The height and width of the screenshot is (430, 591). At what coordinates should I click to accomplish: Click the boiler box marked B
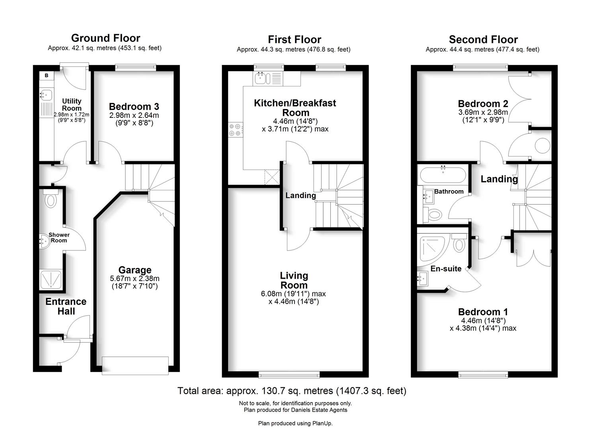coord(47,75)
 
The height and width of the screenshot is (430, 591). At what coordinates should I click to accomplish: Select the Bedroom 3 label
coord(134,107)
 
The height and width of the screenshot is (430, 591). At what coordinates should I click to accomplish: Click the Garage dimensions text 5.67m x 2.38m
coord(135,279)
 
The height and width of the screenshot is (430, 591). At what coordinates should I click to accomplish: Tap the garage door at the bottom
coord(135,365)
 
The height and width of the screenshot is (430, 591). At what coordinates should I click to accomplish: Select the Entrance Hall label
coord(66,306)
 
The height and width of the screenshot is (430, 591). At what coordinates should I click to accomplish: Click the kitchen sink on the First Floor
coord(261,78)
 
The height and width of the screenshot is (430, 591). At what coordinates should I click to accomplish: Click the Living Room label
coord(294,280)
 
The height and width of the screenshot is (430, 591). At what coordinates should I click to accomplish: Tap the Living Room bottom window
coord(289,374)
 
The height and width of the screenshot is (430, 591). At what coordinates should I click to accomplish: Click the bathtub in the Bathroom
coord(442,175)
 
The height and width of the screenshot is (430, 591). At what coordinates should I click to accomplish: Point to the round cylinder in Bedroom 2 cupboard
coord(542,145)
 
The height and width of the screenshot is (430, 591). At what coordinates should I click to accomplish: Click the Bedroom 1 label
coord(483,312)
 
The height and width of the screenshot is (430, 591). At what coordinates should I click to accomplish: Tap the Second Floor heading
coord(483,40)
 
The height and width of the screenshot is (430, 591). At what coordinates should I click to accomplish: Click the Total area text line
coord(292,391)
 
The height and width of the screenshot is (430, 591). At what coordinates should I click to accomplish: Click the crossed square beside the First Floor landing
coord(273,177)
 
